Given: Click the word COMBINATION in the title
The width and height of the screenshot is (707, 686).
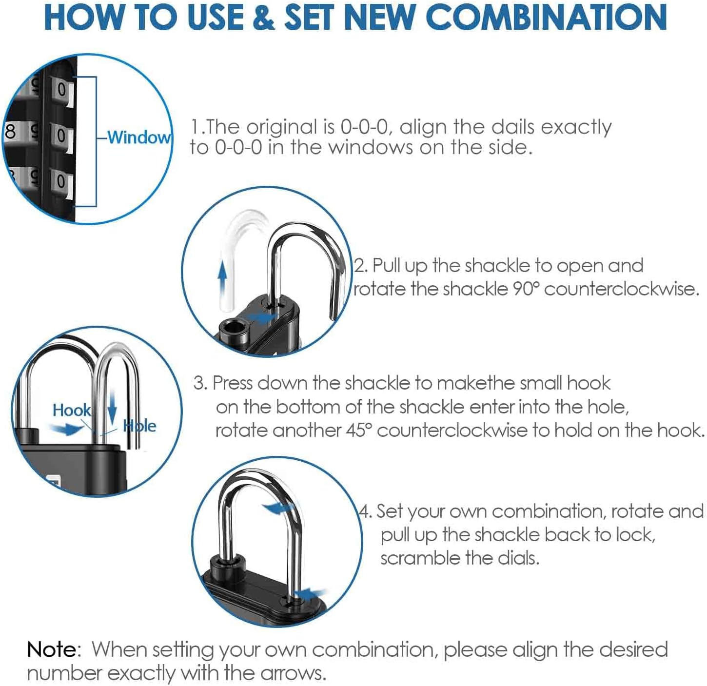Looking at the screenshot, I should click(x=546, y=17).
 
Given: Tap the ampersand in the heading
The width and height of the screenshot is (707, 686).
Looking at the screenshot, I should click(x=264, y=17).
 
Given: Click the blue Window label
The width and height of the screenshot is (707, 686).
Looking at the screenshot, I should click(x=139, y=137).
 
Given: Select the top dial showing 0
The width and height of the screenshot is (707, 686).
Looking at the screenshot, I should click(x=62, y=90).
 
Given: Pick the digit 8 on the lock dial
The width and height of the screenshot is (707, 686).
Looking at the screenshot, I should click(x=10, y=132).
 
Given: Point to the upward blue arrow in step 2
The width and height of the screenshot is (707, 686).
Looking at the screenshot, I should click(x=222, y=277).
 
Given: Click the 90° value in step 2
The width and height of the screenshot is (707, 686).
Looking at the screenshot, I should click(x=526, y=289).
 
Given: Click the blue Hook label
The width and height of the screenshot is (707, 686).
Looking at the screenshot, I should click(x=71, y=410).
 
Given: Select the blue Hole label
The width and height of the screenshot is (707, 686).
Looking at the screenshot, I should click(x=140, y=426).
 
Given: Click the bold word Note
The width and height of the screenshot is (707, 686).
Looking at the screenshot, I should click(x=52, y=649).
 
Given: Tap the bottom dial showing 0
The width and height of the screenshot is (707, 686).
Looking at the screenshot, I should click(x=61, y=181).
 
